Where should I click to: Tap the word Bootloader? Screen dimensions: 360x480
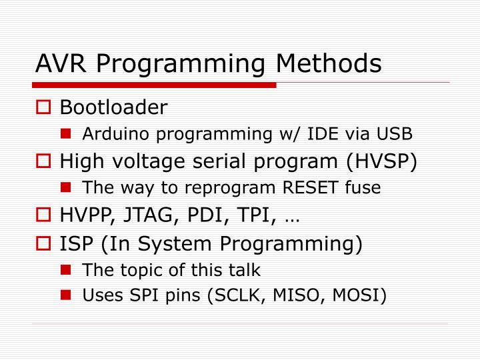coord(114,107)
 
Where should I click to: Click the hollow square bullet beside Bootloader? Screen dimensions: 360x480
coord(45,107)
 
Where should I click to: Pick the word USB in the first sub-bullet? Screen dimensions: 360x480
coord(398,134)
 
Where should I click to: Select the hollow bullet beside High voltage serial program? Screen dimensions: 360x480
coord(45,162)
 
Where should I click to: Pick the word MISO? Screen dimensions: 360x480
coord(304,295)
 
